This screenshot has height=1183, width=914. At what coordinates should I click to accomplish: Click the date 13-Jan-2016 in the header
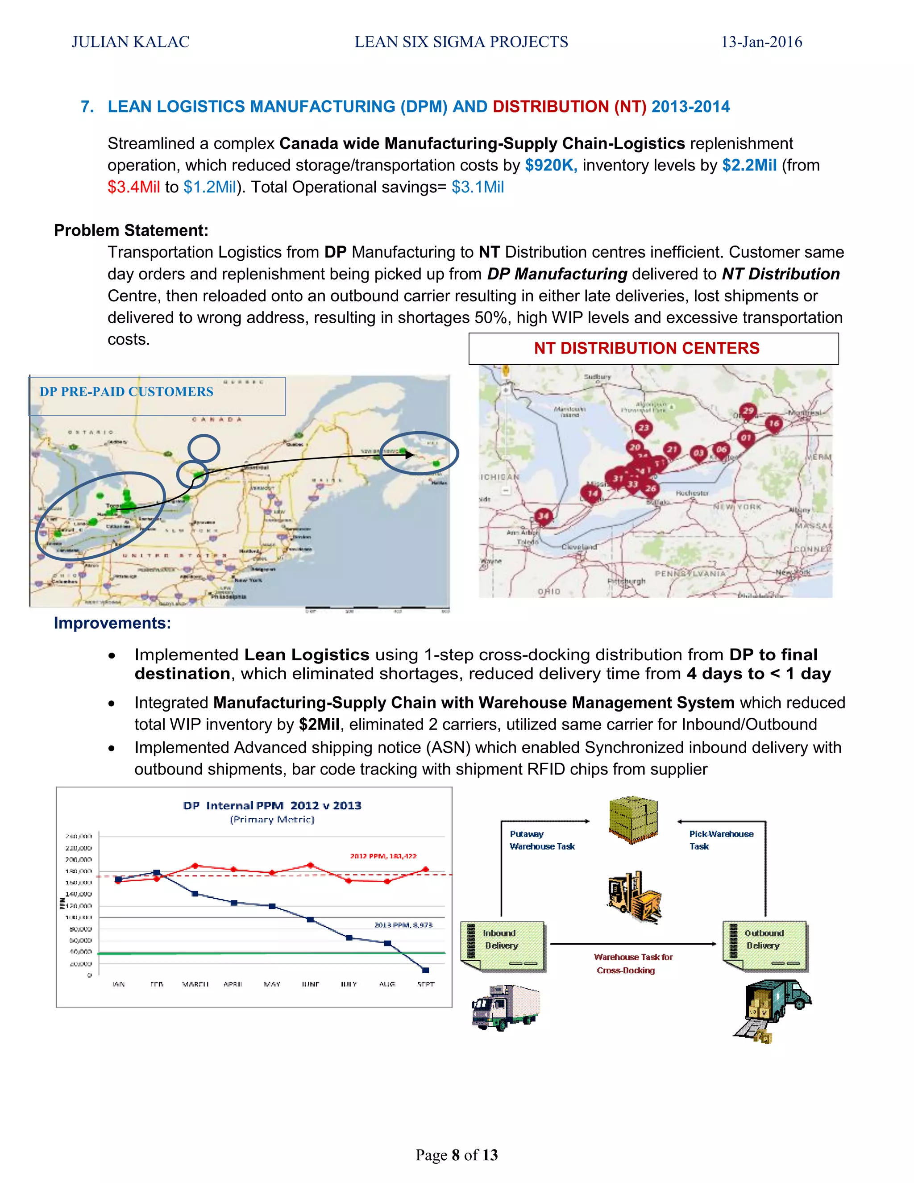(x=761, y=42)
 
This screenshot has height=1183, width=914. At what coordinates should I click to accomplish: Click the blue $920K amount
(x=551, y=165)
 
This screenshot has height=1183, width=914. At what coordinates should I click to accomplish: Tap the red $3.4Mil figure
(x=133, y=187)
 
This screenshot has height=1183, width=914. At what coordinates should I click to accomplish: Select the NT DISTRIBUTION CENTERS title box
(x=653, y=348)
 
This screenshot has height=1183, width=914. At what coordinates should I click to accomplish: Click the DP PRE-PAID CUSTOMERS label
(x=126, y=392)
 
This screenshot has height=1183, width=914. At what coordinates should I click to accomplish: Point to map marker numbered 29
(x=748, y=412)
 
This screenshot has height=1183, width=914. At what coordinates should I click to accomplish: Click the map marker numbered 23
(x=643, y=429)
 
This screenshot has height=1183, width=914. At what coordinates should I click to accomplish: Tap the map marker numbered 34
(x=543, y=516)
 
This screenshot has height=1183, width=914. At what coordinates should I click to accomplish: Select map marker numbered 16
(x=773, y=424)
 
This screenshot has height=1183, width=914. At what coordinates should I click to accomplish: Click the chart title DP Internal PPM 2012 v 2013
(x=272, y=805)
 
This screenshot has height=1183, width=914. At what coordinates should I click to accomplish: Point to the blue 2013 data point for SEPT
(x=426, y=970)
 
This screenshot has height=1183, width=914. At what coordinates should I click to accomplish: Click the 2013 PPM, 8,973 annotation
(x=403, y=925)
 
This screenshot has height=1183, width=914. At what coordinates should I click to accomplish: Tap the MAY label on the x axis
(x=272, y=984)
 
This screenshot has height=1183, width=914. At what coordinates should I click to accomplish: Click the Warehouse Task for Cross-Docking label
(x=632, y=964)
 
